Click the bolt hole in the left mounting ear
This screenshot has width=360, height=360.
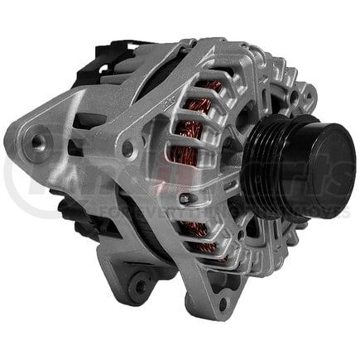36,142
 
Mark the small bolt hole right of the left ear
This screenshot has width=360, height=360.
127,150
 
